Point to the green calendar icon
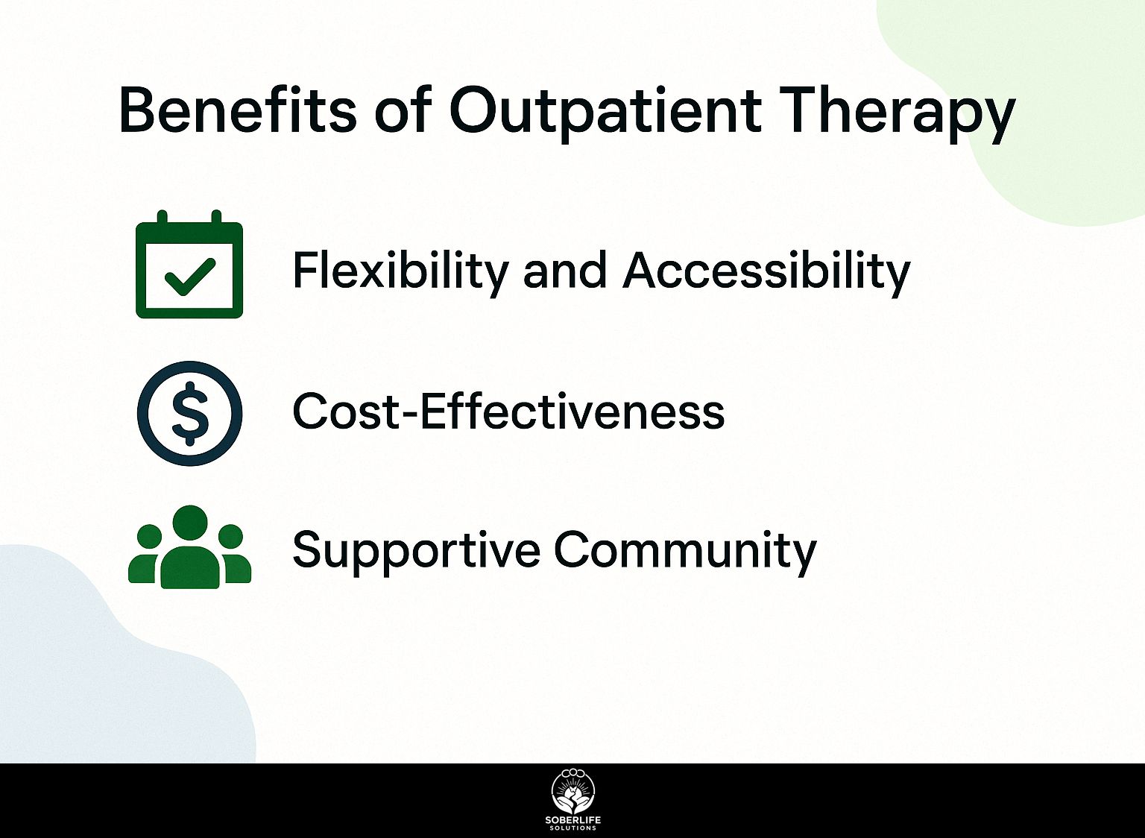(189, 264)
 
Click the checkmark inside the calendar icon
(189, 277)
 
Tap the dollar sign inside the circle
(189, 414)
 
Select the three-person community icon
(189, 546)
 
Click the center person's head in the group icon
(190, 523)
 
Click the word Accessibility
(766, 271)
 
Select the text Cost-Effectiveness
(508, 411)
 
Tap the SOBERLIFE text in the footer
(573, 821)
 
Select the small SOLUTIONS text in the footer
(573, 828)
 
